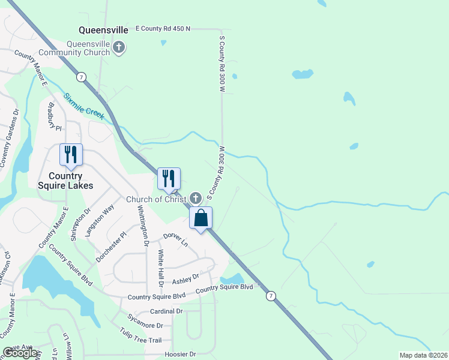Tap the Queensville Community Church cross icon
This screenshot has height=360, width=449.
pos(119,47)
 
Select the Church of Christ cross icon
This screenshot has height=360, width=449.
pos(195,197)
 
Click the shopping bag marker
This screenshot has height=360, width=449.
pos(201,218)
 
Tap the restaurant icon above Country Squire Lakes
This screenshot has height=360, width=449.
pos(71,155)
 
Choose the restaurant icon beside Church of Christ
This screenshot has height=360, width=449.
pos(169,178)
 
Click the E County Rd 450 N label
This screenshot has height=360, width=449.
pos(163,28)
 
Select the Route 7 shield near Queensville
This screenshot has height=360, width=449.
pos(80,76)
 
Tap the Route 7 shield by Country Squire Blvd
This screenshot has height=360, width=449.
pos(271,296)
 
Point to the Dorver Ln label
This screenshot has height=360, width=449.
pos(175,241)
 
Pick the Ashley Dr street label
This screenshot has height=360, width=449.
pos(185,280)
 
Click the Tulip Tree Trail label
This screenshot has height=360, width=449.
pos(140,335)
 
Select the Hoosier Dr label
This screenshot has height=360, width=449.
pos(180,355)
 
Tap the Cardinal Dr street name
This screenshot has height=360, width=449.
pos(166,311)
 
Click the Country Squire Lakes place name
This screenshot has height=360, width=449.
pos(65,181)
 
